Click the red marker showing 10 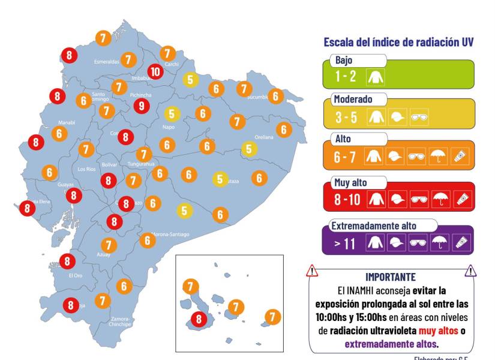point(155,71)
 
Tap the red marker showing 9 point(142,106)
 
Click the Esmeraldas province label point(106,61)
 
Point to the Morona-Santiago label point(170,234)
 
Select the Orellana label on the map point(263,137)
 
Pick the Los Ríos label point(86,169)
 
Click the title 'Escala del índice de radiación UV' point(398,42)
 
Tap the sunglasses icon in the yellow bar point(418,118)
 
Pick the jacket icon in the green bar point(376,76)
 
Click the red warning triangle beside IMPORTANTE point(311,271)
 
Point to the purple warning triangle point(470,271)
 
